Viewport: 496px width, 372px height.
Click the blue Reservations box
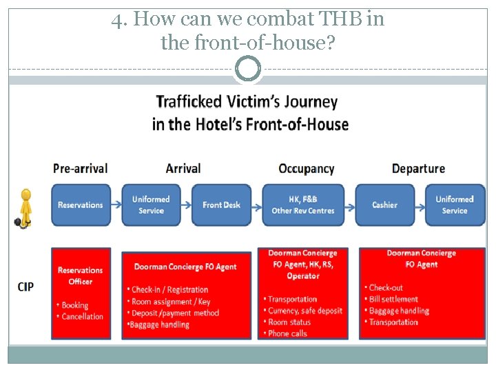tap(81, 205)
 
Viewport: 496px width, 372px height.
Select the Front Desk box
tap(221, 205)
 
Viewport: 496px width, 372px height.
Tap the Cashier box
tap(384, 205)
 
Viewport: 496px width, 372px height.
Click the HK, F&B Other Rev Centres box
tap(303, 205)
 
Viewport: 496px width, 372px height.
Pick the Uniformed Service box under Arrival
tap(151, 205)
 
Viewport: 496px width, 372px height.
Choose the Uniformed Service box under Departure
tap(455, 205)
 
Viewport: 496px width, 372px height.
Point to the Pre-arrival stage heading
tap(81, 168)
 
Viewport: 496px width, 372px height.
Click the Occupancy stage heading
tap(306, 168)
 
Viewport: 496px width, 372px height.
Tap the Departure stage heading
tap(418, 168)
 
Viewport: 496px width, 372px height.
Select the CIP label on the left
tap(25, 287)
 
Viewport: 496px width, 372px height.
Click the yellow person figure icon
tap(25, 206)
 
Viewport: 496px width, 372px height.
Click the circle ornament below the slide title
tap(248, 69)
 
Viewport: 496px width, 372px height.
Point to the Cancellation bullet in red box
tap(83, 317)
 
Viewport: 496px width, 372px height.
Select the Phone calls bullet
tap(288, 333)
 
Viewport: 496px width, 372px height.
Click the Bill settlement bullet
tap(393, 299)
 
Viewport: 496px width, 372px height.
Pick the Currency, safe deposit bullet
tap(305, 311)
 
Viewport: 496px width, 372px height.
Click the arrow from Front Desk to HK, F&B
tap(256, 205)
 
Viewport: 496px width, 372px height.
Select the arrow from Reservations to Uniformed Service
tap(116, 205)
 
